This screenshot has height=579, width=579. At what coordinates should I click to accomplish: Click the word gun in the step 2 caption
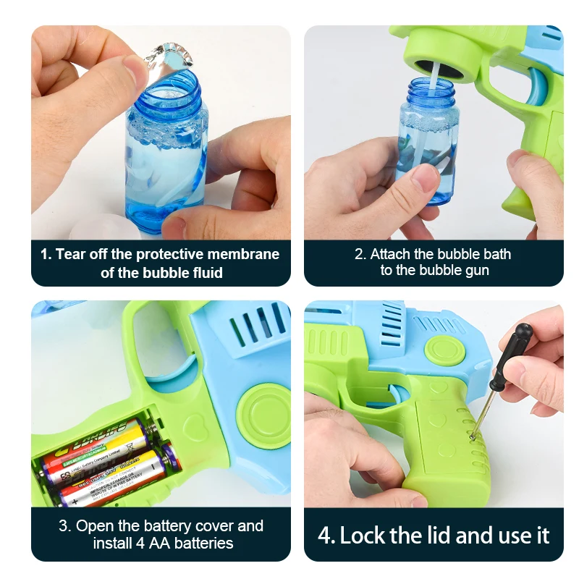click(477, 271)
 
